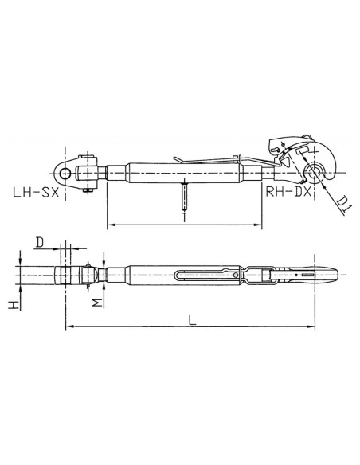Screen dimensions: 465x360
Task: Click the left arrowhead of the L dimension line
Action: [x=68, y=326]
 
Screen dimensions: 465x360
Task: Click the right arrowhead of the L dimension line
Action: [x=313, y=326]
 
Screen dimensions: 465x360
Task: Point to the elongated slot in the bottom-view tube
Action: [x=202, y=277]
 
